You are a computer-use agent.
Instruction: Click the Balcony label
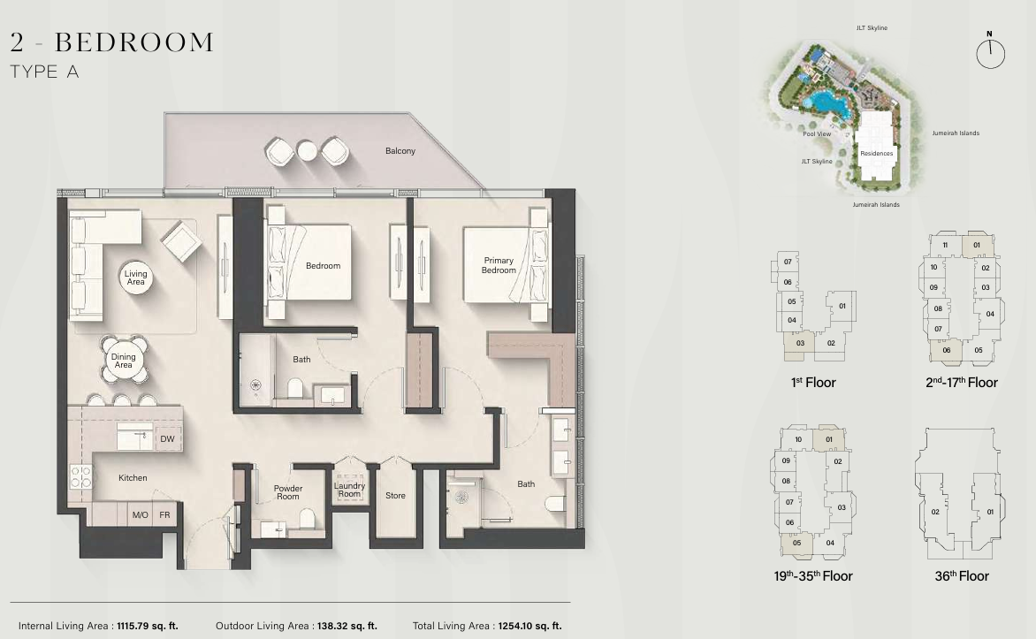tap(400, 150)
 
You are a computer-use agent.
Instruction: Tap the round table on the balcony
tap(308, 150)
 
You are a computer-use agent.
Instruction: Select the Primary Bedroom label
tap(499, 265)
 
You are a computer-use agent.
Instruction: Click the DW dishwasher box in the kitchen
tap(168, 438)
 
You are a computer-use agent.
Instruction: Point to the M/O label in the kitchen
tap(140, 514)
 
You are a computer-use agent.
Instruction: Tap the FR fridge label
tap(164, 514)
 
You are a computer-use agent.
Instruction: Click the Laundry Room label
tap(349, 490)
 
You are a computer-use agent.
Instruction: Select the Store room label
tap(395, 495)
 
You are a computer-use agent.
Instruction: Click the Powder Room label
tap(288, 492)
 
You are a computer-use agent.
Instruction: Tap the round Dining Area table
tap(124, 360)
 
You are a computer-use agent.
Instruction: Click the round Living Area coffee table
tap(135, 278)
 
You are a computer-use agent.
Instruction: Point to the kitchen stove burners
tap(81, 476)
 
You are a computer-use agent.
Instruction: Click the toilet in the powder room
tap(308, 518)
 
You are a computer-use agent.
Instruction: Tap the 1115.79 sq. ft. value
tap(148, 626)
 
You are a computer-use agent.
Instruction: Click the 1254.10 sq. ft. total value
tap(529, 626)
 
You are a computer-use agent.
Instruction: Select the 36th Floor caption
tap(962, 575)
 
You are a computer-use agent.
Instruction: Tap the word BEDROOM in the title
tap(134, 42)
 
